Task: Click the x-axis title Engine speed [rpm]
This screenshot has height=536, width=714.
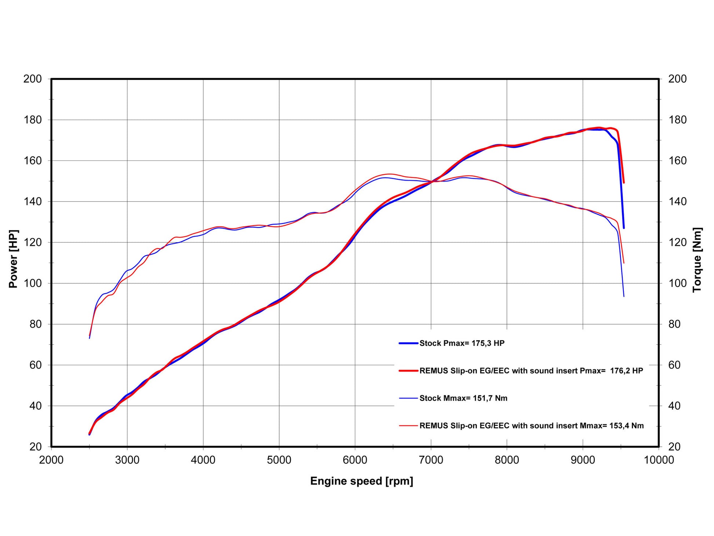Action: point(361,481)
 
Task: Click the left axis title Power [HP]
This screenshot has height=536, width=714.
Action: point(13,259)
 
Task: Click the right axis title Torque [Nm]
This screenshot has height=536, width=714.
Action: point(697,260)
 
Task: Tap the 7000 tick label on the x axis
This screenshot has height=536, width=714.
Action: point(431,460)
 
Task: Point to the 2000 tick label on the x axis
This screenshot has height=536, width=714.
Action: point(51,460)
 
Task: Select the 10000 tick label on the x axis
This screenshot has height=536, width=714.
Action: point(659,460)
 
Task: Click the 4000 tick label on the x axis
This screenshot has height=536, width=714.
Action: point(203,460)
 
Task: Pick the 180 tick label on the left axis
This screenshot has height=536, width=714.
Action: point(32,120)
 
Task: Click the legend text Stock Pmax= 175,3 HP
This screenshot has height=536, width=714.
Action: point(462,343)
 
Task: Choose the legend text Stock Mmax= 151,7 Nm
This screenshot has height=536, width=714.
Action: point(463,398)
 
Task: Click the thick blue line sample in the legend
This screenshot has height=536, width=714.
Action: point(408,343)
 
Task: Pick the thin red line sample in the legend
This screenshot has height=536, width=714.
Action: point(408,426)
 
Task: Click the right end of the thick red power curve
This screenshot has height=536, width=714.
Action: point(624,182)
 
